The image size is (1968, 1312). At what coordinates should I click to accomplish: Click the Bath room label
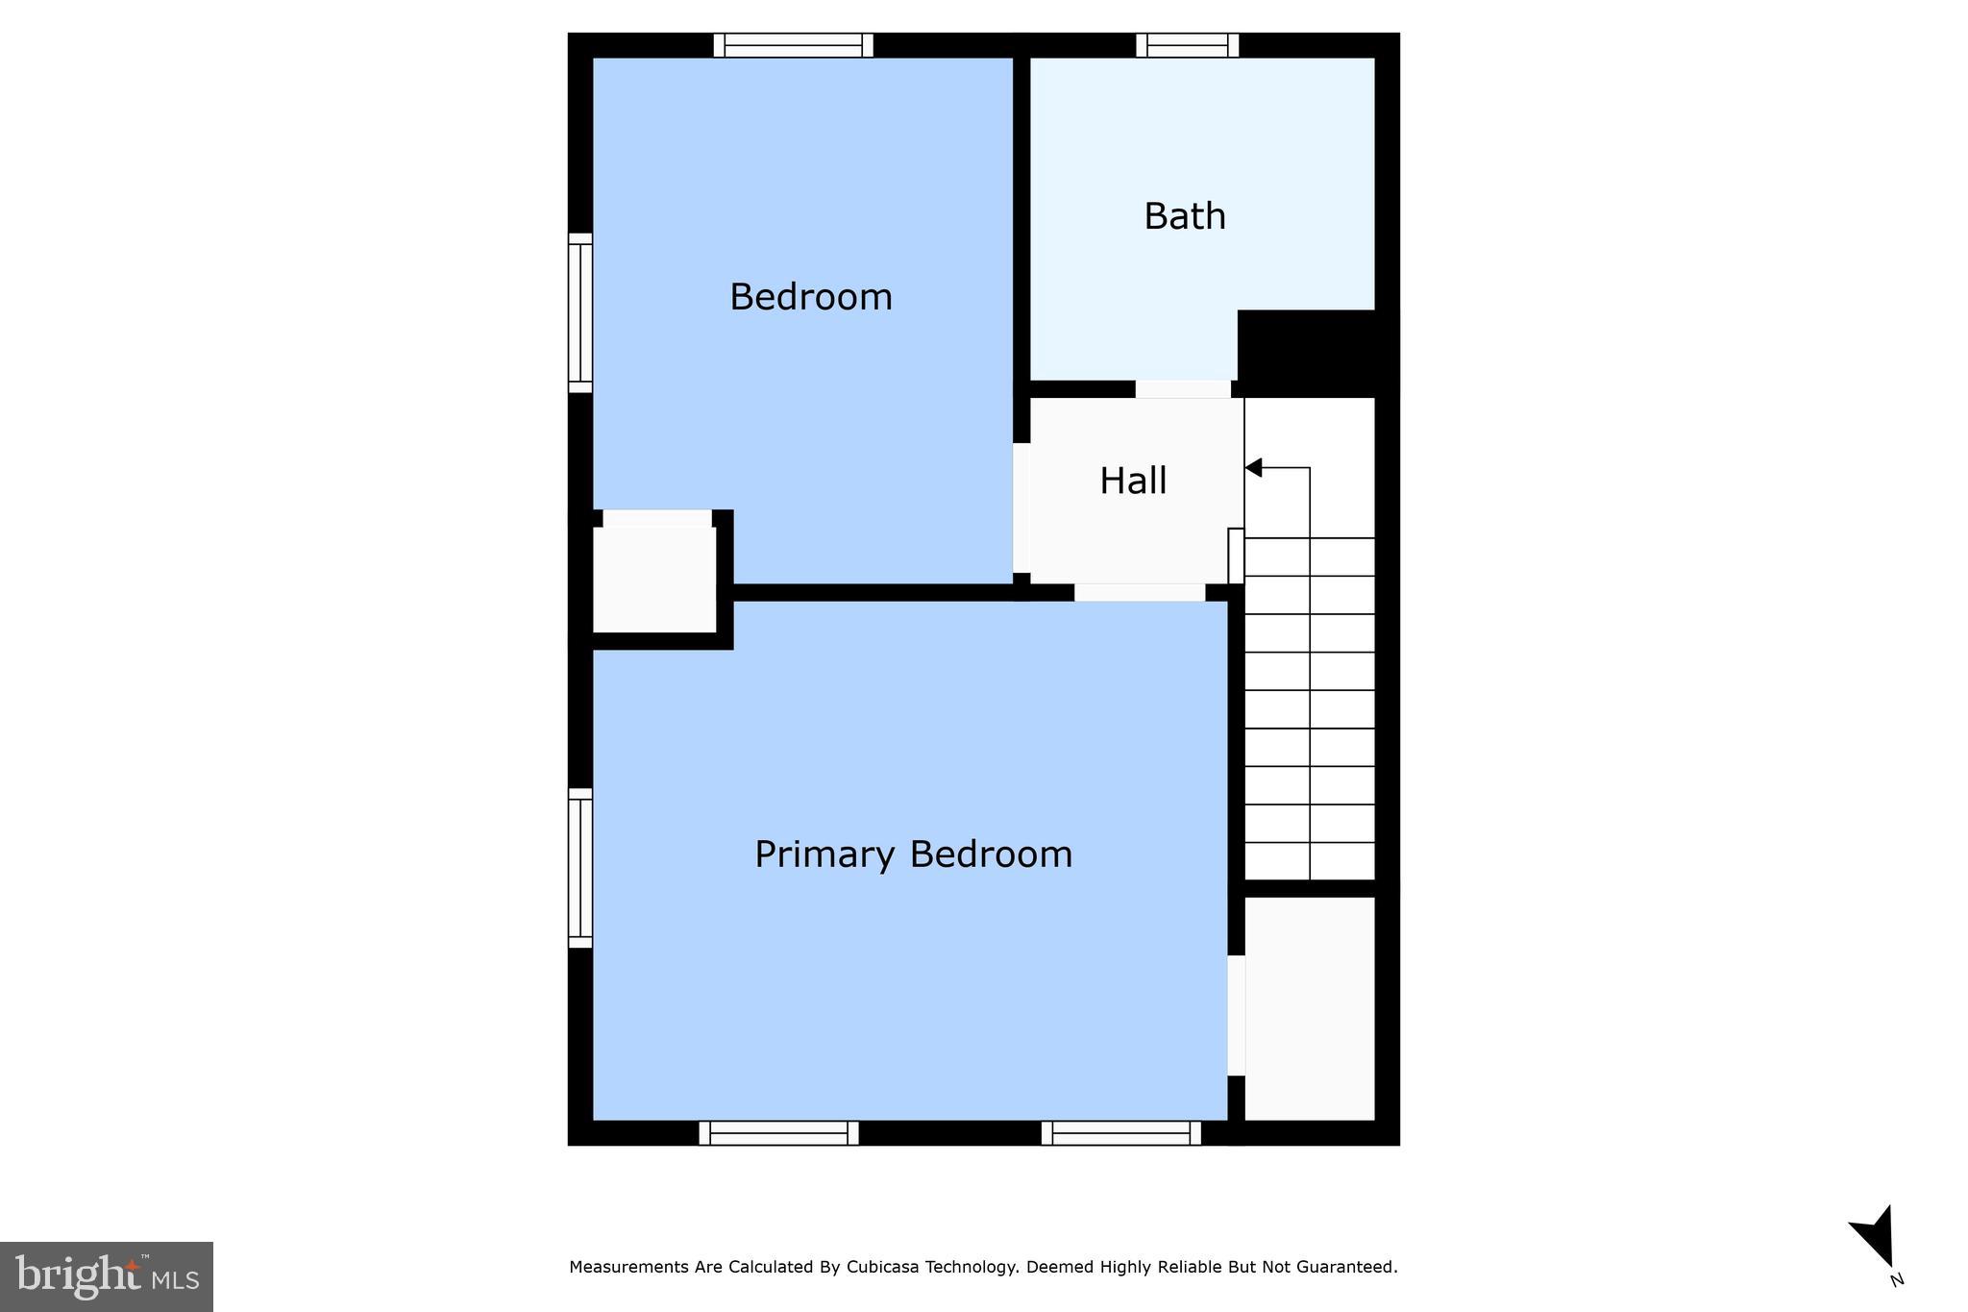1185,216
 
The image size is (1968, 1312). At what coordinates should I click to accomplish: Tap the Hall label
1133,481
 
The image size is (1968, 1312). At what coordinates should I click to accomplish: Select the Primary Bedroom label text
913,854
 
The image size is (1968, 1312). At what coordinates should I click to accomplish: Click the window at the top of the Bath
1188,45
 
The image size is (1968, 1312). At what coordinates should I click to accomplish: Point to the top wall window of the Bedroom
794,45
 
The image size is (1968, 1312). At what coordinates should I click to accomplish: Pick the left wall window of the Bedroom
580,312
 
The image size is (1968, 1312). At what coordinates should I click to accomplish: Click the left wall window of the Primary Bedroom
580,868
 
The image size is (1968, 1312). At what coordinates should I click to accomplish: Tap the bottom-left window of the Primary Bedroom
778,1133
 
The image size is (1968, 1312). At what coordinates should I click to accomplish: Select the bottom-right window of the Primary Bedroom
1121,1133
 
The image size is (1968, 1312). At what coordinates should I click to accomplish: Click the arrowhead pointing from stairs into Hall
1253,468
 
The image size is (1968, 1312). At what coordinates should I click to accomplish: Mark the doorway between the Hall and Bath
1183,389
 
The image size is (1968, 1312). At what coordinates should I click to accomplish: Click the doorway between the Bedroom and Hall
1021,507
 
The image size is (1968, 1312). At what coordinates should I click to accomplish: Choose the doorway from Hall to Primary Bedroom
1140,593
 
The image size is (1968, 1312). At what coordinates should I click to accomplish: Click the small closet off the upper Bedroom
654,580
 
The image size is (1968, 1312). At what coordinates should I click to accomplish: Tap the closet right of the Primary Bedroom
1310,1008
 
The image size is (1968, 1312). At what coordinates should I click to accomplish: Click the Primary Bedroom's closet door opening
1237,1015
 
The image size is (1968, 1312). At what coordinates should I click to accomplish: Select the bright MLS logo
107,1276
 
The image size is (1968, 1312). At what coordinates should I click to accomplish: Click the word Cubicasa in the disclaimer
883,1267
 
